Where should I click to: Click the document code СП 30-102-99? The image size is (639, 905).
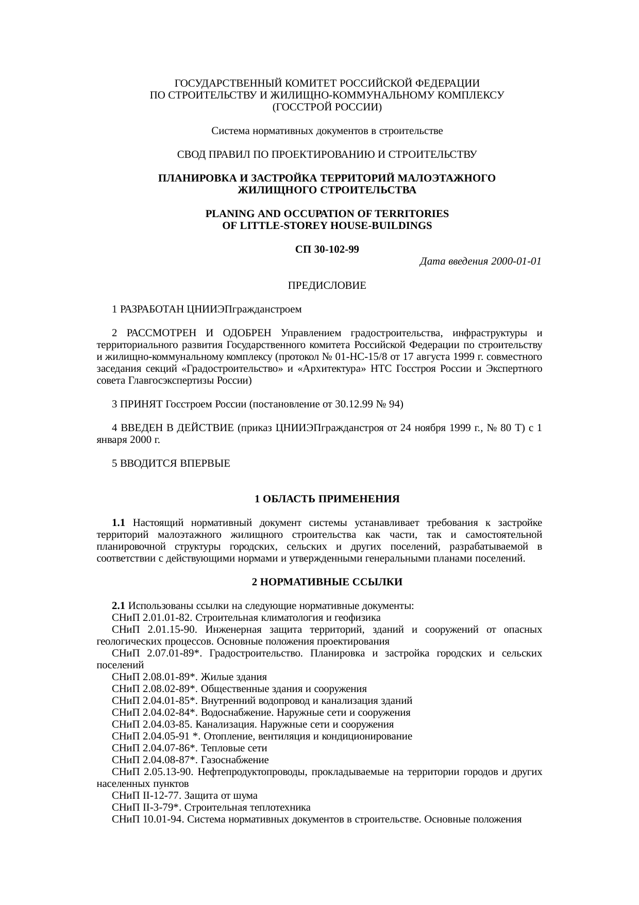click(x=327, y=250)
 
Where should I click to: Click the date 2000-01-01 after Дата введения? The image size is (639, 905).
click(x=516, y=261)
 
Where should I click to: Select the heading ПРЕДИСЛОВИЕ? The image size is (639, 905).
click(x=327, y=285)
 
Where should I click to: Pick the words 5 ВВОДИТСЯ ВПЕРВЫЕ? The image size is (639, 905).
click(x=171, y=464)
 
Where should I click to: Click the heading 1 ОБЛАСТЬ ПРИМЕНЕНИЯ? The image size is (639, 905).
click(x=327, y=499)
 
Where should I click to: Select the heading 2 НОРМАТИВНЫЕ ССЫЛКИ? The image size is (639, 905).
click(x=327, y=582)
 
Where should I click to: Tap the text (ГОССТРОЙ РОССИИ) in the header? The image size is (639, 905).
click(x=327, y=107)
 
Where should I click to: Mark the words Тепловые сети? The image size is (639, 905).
click(x=234, y=748)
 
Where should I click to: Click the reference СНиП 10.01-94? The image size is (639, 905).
click(x=145, y=819)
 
